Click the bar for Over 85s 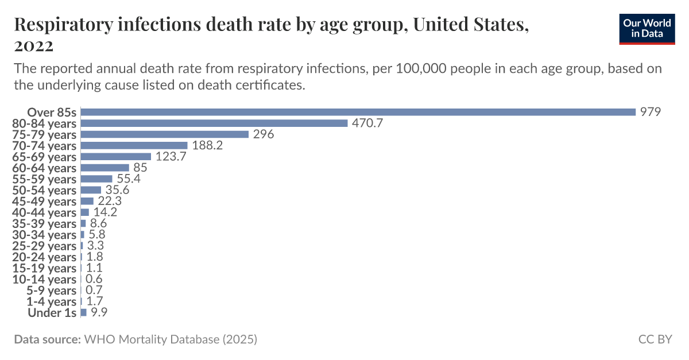tap(358, 112)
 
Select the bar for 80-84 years tap(214, 123)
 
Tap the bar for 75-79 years tap(165, 134)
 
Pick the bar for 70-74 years tap(134, 145)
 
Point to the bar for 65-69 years tap(116, 157)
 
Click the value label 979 tap(651, 112)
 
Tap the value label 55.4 tap(129, 179)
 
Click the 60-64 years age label tap(44, 168)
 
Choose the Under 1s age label tap(52, 313)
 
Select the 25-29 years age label tap(44, 246)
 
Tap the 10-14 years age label tap(44, 279)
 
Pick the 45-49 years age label tap(44, 201)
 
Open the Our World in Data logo tap(647, 28)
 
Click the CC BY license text tap(655, 339)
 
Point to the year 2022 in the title tap(34, 45)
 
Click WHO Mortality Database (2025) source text tap(171, 339)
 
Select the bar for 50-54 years tap(91, 190)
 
